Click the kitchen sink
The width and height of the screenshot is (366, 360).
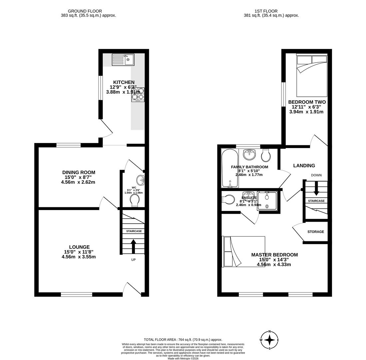click(123, 60)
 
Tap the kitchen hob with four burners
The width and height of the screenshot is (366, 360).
click(138, 94)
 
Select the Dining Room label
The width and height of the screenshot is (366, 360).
click(79, 172)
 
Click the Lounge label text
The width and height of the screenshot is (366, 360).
click(79, 247)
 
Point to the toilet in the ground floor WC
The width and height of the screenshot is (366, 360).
click(135, 201)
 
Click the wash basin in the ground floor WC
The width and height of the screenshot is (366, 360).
click(141, 180)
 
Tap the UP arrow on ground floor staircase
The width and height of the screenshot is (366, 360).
click(133, 246)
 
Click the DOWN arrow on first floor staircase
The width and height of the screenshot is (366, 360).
click(316, 188)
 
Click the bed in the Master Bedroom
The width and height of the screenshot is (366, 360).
click(243, 251)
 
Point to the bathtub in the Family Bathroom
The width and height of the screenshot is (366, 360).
click(230, 169)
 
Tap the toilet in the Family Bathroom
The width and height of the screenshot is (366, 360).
click(266, 155)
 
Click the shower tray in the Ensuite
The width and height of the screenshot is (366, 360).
click(267, 201)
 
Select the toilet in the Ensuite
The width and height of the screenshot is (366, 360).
click(229, 199)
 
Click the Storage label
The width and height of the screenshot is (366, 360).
click(315, 232)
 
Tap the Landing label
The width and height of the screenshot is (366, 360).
click(304, 166)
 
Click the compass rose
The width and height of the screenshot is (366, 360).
click(269, 340)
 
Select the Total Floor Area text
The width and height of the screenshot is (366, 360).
click(183, 340)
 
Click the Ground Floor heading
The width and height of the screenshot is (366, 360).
click(85, 11)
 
